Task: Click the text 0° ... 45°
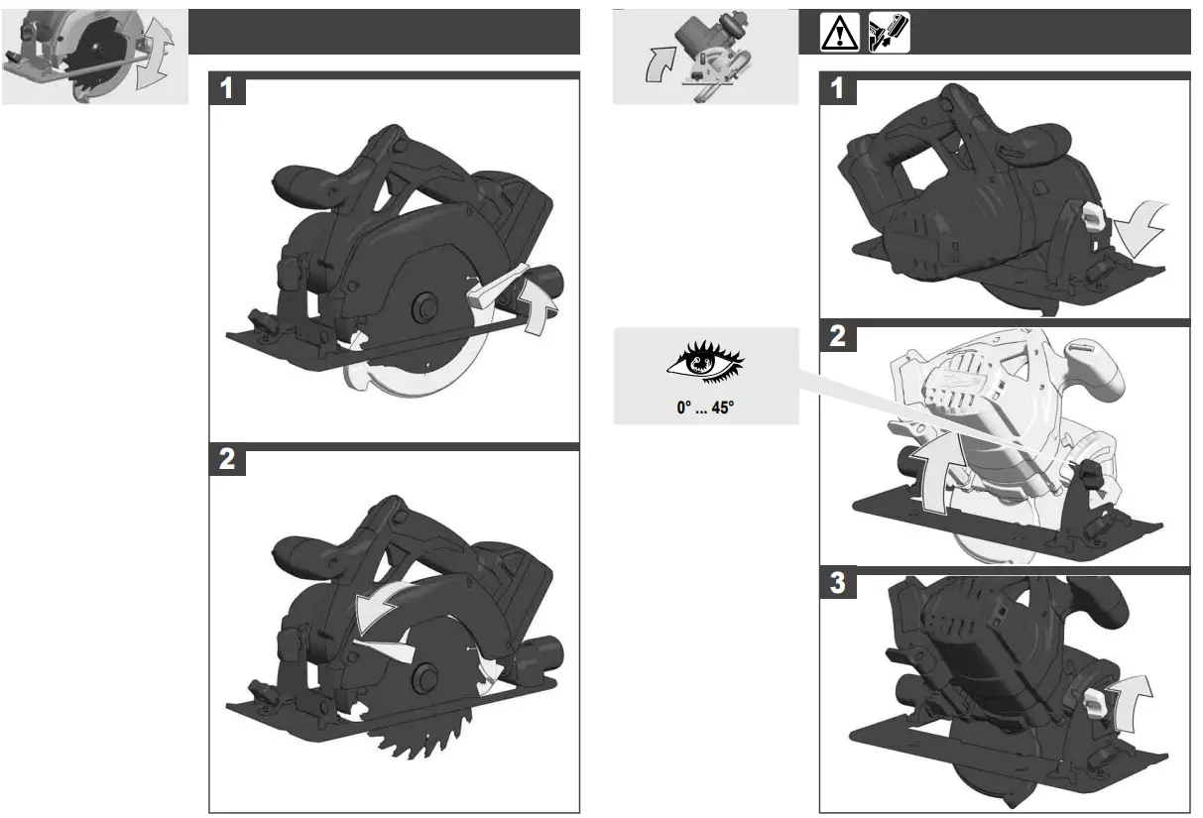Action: pyautogui.click(x=705, y=407)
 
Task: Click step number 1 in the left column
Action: pyautogui.click(x=227, y=90)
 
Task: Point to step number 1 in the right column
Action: pyautogui.click(x=838, y=90)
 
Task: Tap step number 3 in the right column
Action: pyautogui.click(x=838, y=584)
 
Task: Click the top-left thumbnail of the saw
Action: pyautogui.click(x=94, y=56)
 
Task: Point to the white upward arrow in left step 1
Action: pyautogui.click(x=537, y=303)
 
